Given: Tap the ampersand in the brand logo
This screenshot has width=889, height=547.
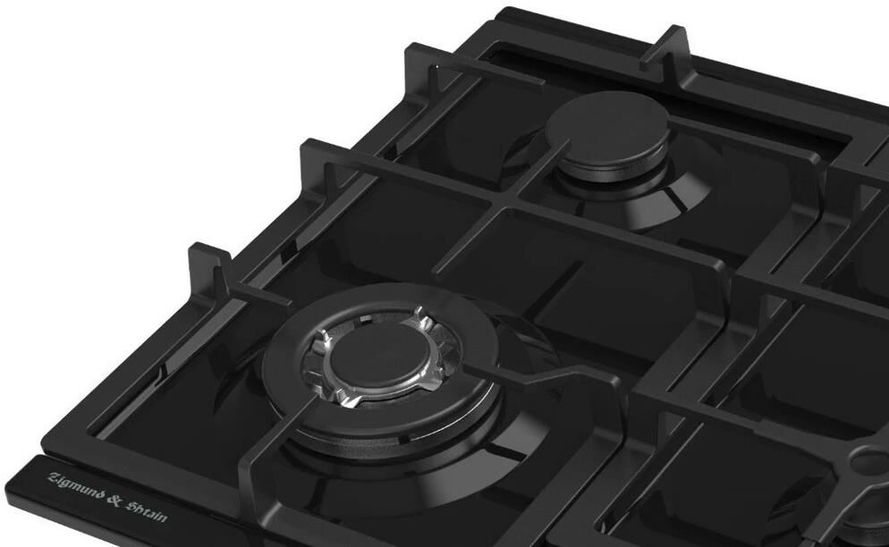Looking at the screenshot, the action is [x=114, y=501].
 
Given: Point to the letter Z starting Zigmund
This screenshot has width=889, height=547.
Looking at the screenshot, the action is [x=54, y=479].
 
